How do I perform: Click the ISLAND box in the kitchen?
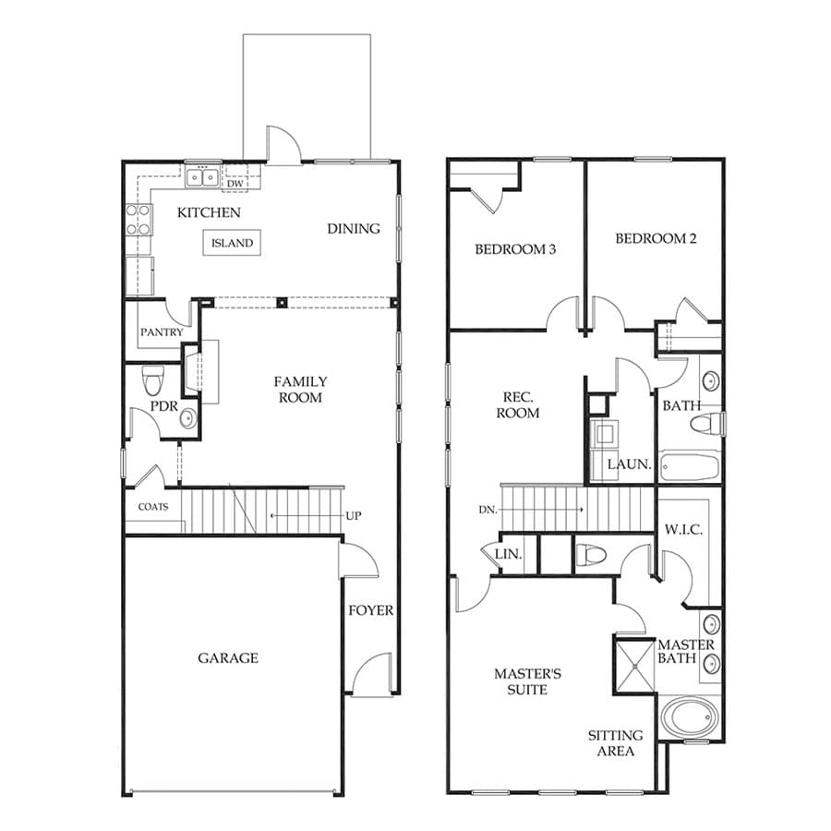pos(232,243)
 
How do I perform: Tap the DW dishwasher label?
pos(235,184)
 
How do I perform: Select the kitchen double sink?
pos(202,177)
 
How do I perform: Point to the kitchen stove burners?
pos(138,220)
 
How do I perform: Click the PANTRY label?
pos(162,332)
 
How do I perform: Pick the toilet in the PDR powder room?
pos(153,380)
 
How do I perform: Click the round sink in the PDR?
pos(187,418)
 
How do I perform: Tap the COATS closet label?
pos(153,507)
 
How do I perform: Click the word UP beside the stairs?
pos(354,515)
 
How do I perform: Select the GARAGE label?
pos(228,658)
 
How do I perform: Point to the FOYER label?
pos(371,610)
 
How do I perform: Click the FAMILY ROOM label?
pos(300,390)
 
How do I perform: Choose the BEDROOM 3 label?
pos(515,249)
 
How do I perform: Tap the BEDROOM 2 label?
pos(656,238)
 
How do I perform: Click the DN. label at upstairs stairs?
pos(488,510)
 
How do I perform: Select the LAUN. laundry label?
pos(630,464)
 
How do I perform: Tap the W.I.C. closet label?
pos(683,529)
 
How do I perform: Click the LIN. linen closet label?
pos(508,554)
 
